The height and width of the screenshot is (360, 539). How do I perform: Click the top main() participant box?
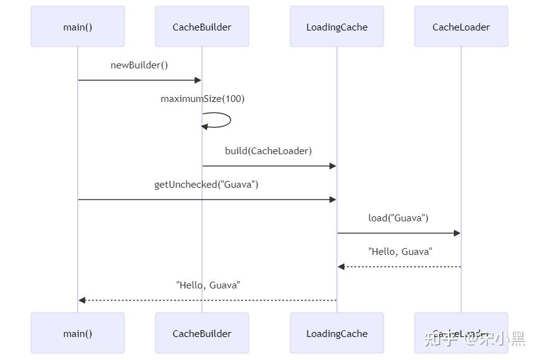pos(78,27)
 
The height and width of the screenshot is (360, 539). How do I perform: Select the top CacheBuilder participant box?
pos(202,27)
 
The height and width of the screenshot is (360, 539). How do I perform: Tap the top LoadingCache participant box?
pos(337,27)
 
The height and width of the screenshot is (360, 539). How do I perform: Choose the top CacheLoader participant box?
pos(461,27)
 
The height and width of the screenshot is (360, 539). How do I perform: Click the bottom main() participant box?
pos(78,333)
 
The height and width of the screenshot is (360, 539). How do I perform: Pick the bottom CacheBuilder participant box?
pos(202,333)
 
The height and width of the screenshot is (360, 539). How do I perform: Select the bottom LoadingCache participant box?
pos(337,333)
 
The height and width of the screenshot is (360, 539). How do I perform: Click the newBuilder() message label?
pos(139,65)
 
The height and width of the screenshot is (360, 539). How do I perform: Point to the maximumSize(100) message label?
pos(203,99)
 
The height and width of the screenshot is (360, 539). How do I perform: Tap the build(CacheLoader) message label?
pos(269,151)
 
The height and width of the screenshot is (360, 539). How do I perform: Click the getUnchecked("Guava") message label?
pos(206,185)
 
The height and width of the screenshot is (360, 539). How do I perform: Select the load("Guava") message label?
pos(398,218)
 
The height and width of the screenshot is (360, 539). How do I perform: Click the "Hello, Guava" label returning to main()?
pos(208,285)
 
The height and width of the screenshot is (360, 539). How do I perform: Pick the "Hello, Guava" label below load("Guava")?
pos(400,252)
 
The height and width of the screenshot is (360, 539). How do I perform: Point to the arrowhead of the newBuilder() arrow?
pos(198,80)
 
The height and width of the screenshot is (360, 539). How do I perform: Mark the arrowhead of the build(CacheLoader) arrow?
pos(333,166)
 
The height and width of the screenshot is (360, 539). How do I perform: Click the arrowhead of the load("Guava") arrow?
pos(457,233)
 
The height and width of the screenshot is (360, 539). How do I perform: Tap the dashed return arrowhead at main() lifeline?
pos(82,300)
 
